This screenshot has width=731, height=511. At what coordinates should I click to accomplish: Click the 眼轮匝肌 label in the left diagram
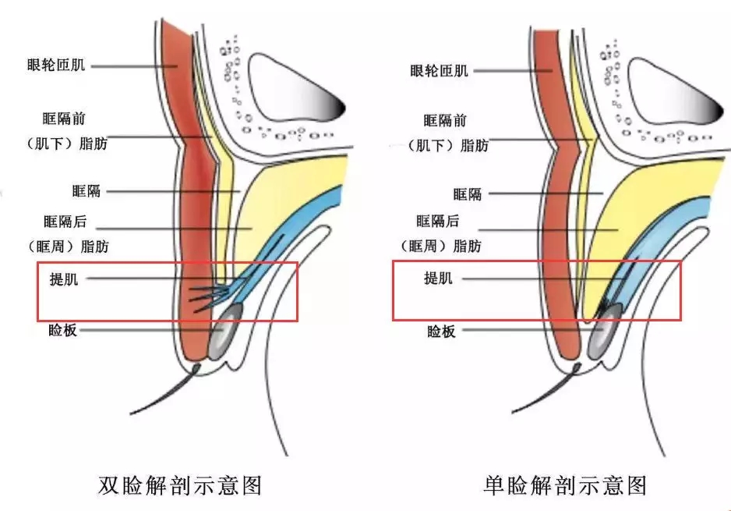(56, 66)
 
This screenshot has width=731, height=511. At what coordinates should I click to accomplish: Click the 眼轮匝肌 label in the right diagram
(439, 71)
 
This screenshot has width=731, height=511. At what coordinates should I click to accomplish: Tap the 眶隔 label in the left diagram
(85, 191)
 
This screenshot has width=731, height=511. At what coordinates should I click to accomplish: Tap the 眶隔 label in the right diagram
(468, 193)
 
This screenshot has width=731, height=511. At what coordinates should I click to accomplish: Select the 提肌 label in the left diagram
(64, 279)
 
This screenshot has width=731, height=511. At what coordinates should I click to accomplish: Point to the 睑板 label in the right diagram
(441, 331)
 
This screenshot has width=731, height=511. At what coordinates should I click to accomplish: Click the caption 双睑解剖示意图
(179, 485)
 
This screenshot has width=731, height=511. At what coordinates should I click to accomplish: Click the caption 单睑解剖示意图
(564, 485)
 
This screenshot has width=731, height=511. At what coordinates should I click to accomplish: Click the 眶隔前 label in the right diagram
(445, 120)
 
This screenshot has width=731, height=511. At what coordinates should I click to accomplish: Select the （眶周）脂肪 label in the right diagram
(441, 247)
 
